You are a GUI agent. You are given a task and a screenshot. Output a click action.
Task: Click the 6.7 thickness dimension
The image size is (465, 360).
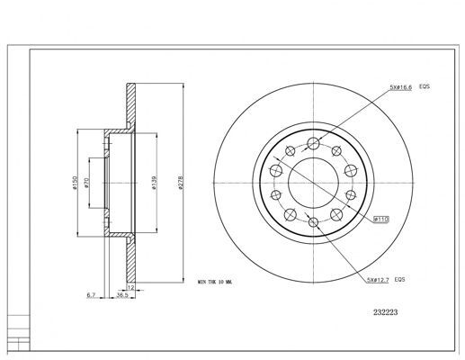(x=92, y=293)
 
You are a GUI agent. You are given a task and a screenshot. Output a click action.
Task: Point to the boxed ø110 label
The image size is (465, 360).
(x=380, y=217)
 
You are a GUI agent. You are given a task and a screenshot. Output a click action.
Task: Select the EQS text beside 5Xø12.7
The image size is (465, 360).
(x=401, y=280)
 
